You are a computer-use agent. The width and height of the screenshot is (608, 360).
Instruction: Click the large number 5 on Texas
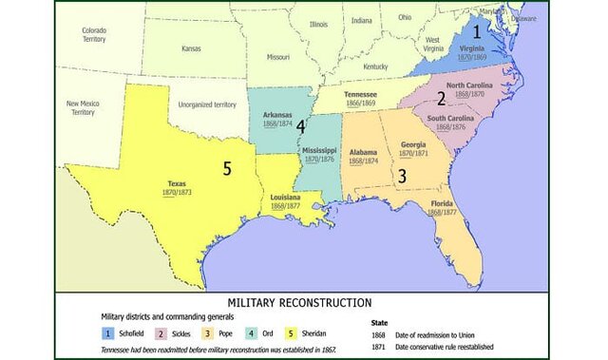pyautogui.click(x=226, y=168)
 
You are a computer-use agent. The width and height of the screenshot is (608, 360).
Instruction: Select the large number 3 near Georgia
pyautogui.click(x=402, y=176)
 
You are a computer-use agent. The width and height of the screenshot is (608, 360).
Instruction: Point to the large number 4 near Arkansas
pyautogui.click(x=300, y=125)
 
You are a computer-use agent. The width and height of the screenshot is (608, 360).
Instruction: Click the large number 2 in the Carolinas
pyautogui.click(x=441, y=98)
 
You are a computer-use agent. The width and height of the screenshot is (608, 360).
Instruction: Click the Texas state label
pyautogui.click(x=177, y=183)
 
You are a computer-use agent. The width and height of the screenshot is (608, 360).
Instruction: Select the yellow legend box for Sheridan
pyautogui.click(x=282, y=334)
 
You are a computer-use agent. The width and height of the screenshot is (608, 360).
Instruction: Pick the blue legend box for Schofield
pyautogui.click(x=110, y=334)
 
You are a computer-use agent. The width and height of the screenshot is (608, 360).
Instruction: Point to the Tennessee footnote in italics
pyautogui.click(x=218, y=350)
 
